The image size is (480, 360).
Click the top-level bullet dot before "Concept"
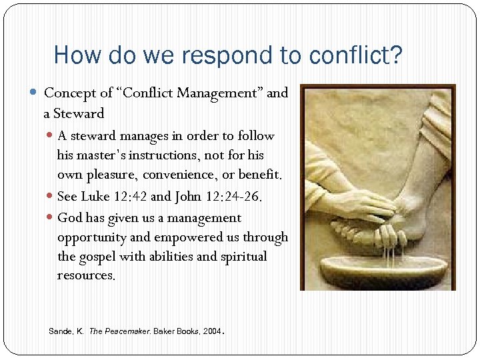click(x=35, y=93)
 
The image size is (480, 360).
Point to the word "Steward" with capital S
click(x=79, y=113)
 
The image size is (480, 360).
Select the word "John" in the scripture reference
click(x=190, y=197)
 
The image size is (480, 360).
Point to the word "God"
click(x=70, y=218)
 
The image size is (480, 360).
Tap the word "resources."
click(x=86, y=275)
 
